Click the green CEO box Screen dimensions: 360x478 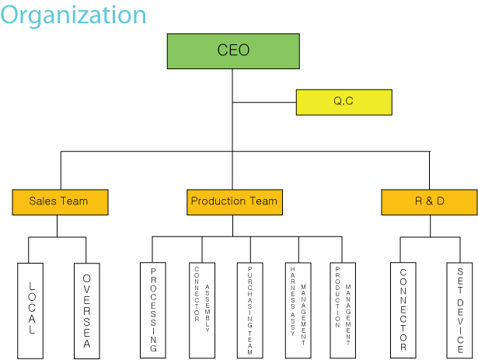coord(233,51)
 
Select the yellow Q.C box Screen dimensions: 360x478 coord(344,102)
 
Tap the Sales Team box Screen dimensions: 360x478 coord(60,201)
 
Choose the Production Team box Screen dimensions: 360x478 coord(234,201)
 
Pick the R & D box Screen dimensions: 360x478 coord(429,201)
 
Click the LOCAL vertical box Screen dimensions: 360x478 coord(32,310)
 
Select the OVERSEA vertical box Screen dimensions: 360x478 coord(86,310)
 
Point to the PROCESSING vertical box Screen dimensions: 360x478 coord(152,310)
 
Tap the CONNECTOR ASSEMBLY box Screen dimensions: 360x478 coord(201,310)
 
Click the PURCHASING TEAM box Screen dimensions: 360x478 coord(250,310)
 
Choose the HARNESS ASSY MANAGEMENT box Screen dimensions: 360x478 coord(298,310)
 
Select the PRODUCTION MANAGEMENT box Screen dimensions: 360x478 coord(343,310)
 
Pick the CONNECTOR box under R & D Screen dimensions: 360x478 coord(403,310)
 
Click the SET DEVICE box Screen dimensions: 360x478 coord(459,310)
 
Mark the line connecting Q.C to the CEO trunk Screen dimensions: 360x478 coord(264,102)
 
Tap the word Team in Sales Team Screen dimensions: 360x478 coord(75,201)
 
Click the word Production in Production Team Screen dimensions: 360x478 coord(217,201)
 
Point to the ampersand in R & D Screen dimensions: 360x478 coord(429,201)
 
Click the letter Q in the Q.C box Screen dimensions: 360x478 coord(338,102)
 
